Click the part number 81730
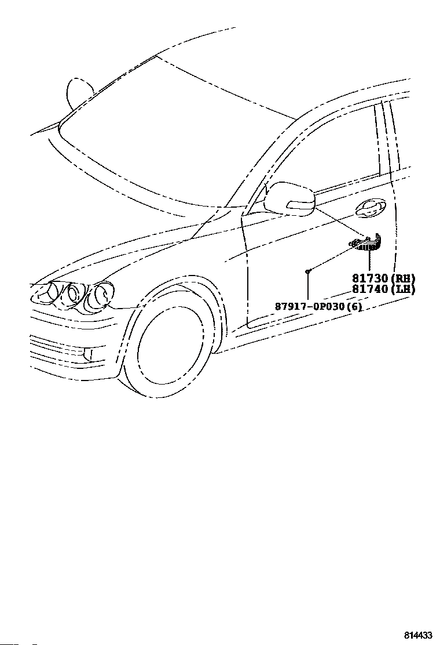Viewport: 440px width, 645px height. click(369, 278)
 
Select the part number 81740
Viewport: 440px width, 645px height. click(369, 289)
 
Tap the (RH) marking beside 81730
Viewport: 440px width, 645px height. click(402, 278)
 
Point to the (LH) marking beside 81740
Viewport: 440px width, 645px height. click(402, 289)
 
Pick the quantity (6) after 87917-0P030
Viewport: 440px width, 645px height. click(353, 306)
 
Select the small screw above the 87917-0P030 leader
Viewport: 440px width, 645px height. click(309, 271)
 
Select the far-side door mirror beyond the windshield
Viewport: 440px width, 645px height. click(77, 93)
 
